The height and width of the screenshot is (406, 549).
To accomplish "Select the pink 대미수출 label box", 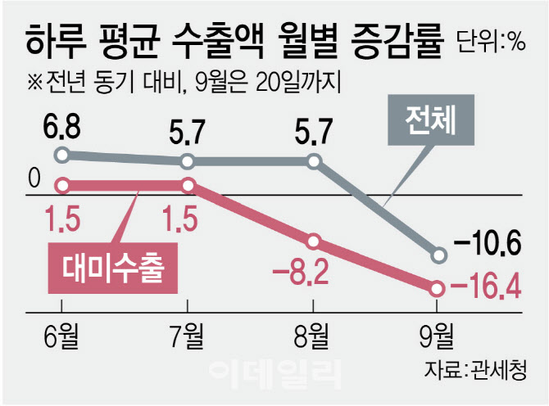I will (114, 266).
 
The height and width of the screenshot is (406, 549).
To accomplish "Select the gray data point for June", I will (61, 155).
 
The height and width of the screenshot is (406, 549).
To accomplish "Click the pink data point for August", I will (314, 242).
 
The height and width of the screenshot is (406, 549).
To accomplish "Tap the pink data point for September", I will (438, 288).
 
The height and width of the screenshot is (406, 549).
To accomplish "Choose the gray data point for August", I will (314, 161).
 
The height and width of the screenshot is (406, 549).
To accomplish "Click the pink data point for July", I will (188, 184).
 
